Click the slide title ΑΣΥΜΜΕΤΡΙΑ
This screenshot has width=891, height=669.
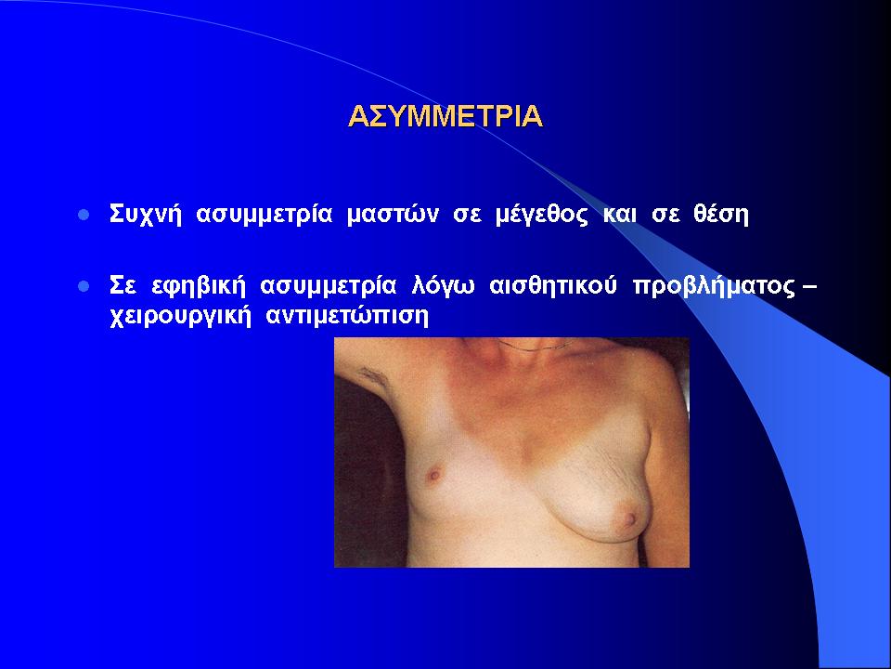coord(445,116)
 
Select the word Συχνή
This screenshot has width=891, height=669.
coord(146,215)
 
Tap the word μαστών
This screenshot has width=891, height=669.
coord(393,215)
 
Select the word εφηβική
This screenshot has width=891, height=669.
coord(199,286)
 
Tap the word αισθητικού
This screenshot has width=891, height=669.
coord(553,285)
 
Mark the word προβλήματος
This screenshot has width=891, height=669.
coord(714,286)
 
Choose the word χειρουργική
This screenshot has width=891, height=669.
coord(180,316)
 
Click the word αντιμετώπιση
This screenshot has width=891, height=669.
coord(347,316)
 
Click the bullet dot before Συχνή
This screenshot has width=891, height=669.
coord(84,215)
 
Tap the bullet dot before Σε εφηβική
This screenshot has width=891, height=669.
coord(84,286)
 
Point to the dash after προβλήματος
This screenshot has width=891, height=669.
coord(808,287)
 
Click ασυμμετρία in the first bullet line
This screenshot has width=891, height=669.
coord(264,215)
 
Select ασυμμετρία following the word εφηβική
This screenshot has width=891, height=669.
coord(329,286)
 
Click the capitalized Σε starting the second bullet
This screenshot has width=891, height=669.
coord(123,285)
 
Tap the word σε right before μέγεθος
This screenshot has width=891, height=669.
coord(467,216)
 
